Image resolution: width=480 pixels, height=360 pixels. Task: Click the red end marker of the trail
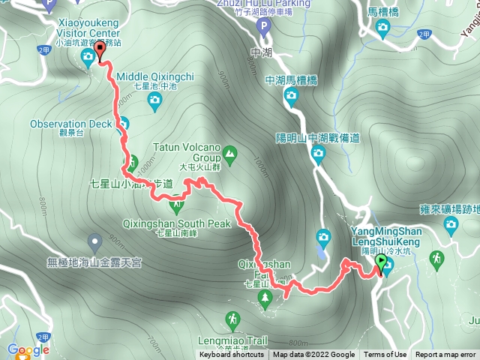[100, 51]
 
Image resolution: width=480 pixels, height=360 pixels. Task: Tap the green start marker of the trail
[381, 262]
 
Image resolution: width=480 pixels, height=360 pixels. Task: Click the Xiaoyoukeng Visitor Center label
[88, 28]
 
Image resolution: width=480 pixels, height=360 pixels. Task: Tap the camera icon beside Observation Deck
[124, 124]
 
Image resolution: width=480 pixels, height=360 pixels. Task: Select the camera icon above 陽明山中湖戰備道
[318, 155]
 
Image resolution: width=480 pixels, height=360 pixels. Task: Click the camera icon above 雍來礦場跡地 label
[451, 223]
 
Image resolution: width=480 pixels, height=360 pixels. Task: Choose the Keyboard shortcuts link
[231, 355]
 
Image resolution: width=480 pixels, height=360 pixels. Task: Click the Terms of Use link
[385, 355]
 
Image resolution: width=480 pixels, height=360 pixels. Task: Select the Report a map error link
[446, 355]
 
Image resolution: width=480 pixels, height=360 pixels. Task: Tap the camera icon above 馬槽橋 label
[383, 29]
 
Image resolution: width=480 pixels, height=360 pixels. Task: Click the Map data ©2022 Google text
[313, 355]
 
